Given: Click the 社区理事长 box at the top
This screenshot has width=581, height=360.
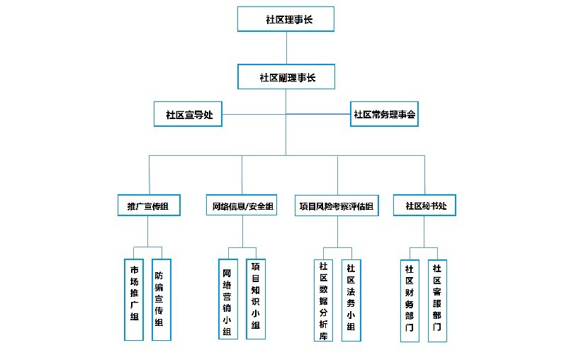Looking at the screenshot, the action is (286, 19).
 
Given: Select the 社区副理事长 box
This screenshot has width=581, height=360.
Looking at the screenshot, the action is (286, 77).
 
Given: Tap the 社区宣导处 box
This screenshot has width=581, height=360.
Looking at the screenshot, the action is (188, 114).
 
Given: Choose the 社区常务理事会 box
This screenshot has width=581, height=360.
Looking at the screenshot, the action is (384, 114).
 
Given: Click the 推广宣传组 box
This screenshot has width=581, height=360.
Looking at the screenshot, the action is (149, 205).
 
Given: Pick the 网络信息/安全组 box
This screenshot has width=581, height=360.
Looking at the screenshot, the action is (242, 205).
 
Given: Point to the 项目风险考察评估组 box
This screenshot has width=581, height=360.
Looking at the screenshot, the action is (337, 206).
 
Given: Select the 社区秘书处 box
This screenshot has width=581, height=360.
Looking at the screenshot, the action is (424, 205).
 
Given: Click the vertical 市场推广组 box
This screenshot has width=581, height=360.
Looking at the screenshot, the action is (134, 300).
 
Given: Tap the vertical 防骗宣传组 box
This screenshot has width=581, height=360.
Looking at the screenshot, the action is (162, 300).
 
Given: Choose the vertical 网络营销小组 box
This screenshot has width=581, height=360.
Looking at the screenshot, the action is (228, 299).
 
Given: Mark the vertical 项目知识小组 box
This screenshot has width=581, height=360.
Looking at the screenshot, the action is (256, 299).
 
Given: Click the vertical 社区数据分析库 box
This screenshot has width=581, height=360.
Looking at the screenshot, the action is (324, 300).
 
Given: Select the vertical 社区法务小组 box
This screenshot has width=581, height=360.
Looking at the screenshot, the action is (351, 300).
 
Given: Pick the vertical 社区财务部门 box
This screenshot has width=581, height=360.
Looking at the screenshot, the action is (410, 300).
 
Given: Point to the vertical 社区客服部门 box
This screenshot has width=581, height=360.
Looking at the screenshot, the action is (438, 300).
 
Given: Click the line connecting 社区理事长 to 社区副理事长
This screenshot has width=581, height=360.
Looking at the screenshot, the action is (286, 47).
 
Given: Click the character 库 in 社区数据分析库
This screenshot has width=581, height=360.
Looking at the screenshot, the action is (324, 335).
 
